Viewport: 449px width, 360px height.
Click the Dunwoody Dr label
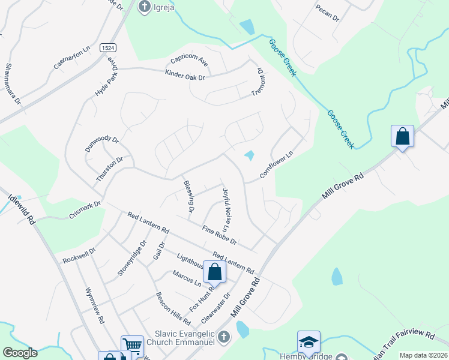coord(102,144)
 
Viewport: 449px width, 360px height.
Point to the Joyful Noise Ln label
coord(226,211)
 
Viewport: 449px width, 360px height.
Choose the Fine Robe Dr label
coord(220,236)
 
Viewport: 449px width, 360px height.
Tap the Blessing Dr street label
coord(188,197)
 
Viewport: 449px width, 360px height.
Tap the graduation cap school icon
coord(309,342)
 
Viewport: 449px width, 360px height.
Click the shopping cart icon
coord(132,345)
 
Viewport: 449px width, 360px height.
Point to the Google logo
coord(20,353)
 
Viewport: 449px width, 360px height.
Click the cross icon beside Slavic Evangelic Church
coord(224,337)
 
